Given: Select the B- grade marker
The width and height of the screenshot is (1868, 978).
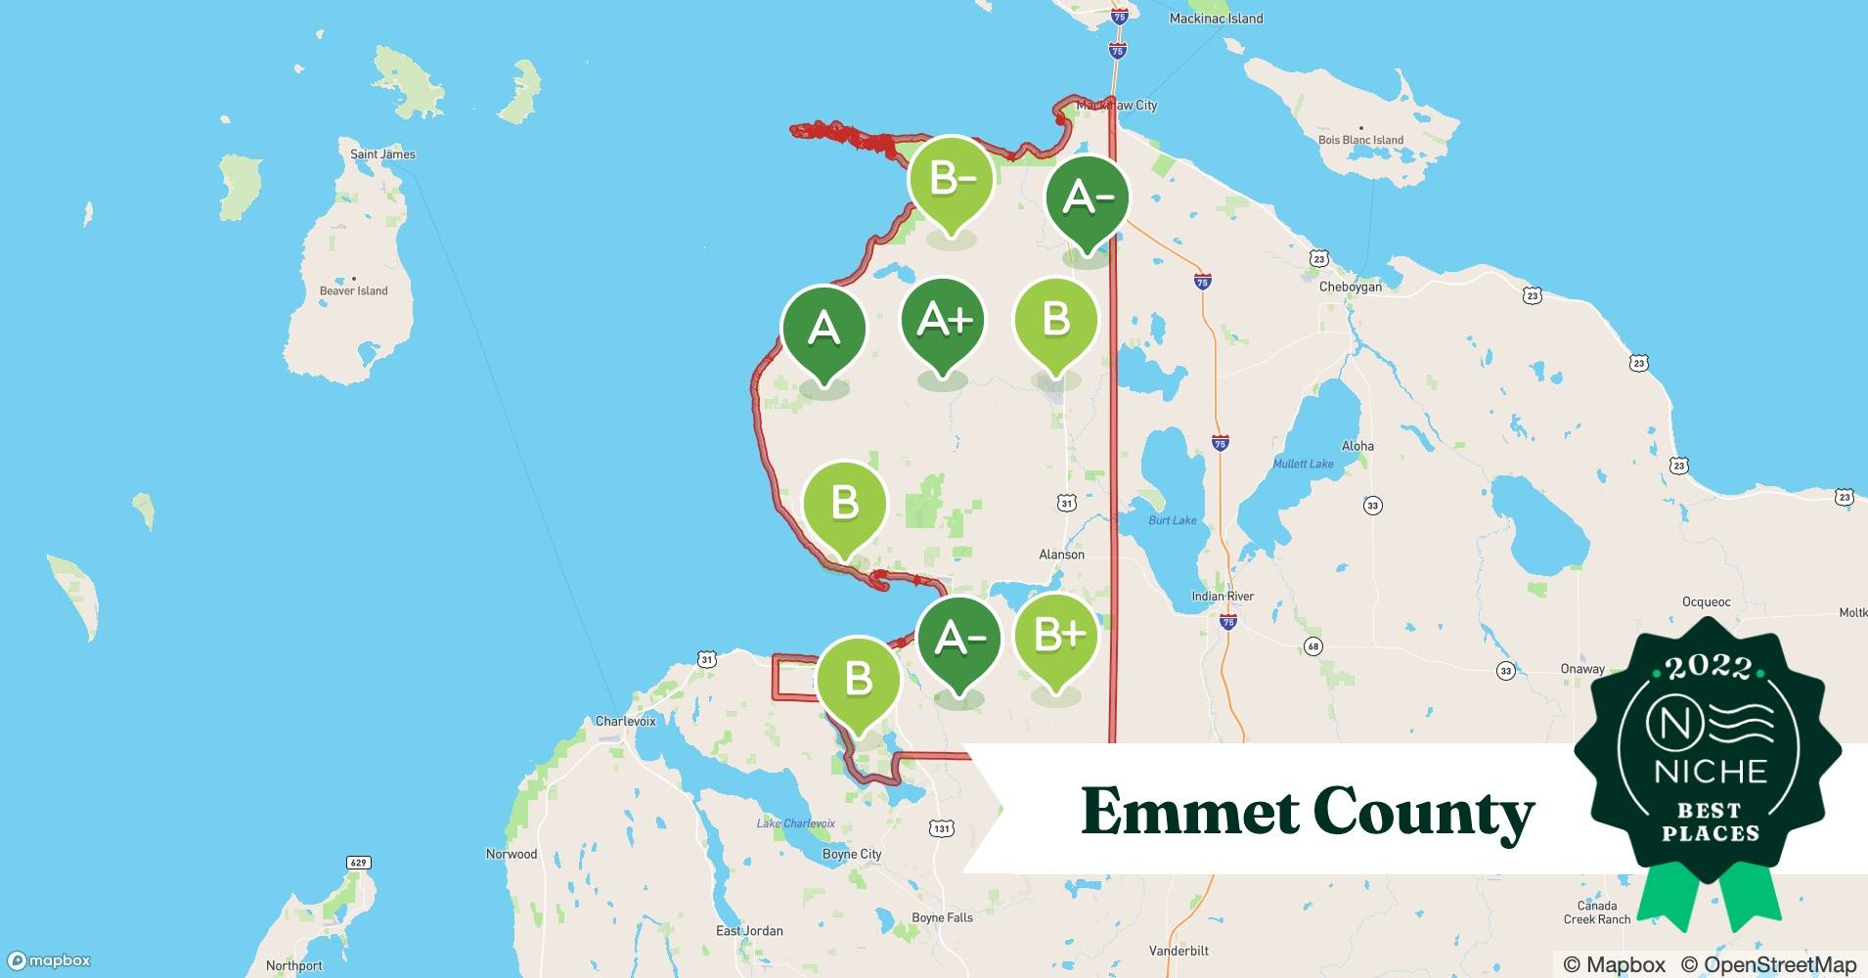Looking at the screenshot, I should click(951, 180).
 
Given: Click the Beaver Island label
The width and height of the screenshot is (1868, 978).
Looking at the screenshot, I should click(353, 290).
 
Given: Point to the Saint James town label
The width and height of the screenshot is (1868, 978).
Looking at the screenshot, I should click(382, 155).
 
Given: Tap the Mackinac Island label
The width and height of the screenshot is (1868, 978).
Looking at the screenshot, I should click(1216, 19).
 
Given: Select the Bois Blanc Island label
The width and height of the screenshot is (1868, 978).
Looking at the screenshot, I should click(1360, 140).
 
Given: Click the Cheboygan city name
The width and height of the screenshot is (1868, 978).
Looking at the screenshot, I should click(1350, 287).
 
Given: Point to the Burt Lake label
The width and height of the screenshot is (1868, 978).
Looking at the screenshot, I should click(1172, 520).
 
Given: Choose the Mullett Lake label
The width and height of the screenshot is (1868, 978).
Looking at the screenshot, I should click(1303, 464).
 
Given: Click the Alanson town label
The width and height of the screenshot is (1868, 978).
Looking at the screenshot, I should click(1061, 555).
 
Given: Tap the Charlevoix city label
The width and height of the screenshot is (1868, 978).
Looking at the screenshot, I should click(625, 721).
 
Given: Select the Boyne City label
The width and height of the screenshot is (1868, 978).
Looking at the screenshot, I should click(851, 854).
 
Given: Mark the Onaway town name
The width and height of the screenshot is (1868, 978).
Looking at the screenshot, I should click(1581, 669).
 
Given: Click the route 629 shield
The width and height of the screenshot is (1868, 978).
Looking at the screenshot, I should click(358, 863).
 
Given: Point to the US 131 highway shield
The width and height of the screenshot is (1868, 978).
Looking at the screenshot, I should click(941, 828).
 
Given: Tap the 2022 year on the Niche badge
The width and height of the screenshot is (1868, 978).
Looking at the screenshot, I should click(1709, 667).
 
